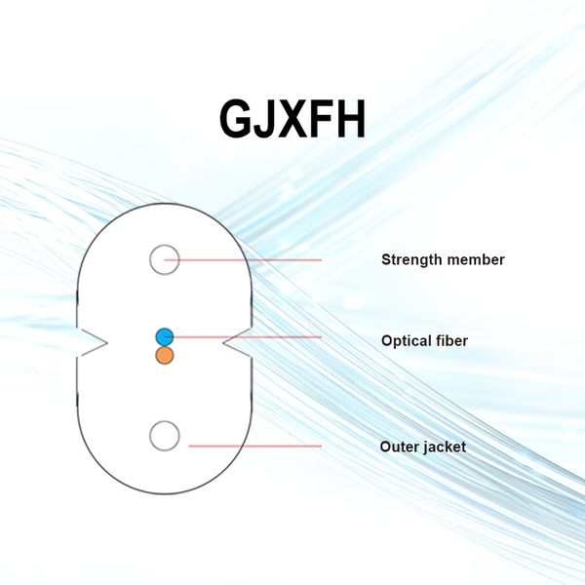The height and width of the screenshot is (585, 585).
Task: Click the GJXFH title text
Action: (292, 119)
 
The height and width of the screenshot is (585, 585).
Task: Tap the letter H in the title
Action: (349, 119)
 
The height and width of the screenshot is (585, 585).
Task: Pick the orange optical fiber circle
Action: (164, 355)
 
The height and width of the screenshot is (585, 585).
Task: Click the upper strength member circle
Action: (164, 259)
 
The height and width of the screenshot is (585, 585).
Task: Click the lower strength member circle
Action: (164, 436)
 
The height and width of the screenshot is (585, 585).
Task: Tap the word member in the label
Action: (476, 259)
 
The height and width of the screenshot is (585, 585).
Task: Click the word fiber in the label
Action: (451, 341)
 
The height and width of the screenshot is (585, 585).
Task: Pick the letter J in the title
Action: (266, 119)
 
